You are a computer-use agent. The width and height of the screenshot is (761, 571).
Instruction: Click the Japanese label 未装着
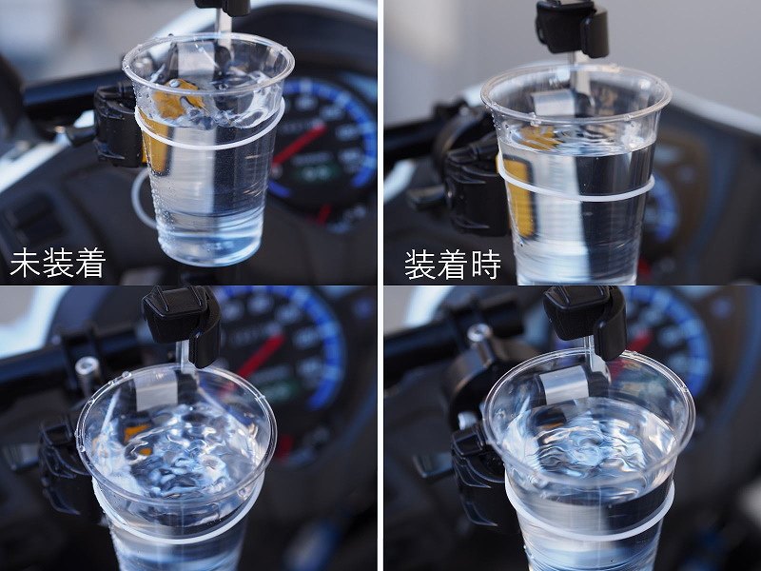tap(57, 264)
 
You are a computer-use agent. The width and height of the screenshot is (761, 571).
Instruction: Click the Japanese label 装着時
tap(453, 265)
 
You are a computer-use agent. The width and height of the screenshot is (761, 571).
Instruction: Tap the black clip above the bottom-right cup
tap(585, 318)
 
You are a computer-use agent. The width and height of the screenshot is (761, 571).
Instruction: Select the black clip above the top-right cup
tap(573, 27)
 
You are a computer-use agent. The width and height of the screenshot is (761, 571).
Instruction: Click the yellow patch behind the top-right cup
tap(520, 189)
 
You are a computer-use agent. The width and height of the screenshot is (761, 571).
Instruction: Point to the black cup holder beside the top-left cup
tap(116, 126)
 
